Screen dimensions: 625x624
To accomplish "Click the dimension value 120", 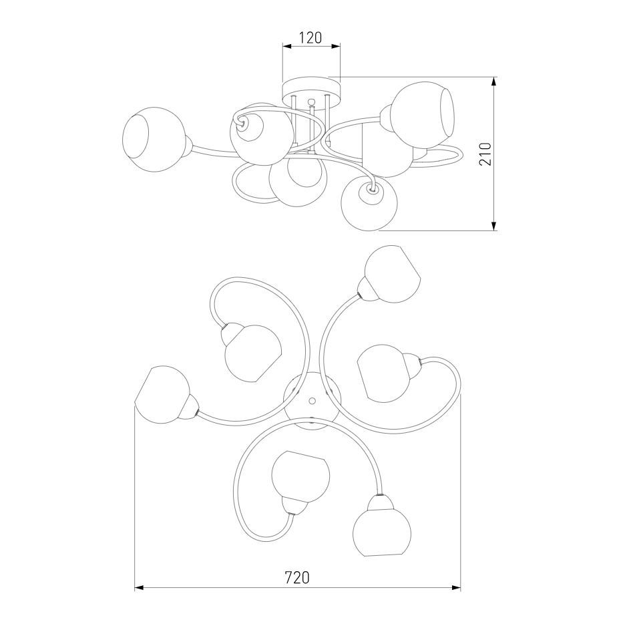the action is (310, 37).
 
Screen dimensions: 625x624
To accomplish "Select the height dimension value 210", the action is (486, 154).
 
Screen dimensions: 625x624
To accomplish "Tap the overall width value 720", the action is (297, 577).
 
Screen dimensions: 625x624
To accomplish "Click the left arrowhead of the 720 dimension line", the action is (139, 587).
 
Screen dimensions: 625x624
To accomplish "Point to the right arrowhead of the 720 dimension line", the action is (456, 587).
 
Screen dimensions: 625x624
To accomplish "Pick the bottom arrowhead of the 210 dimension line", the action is (494, 226).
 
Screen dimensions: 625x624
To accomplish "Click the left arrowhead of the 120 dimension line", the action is (287, 47).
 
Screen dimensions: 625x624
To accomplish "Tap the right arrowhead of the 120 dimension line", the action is (336, 47).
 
